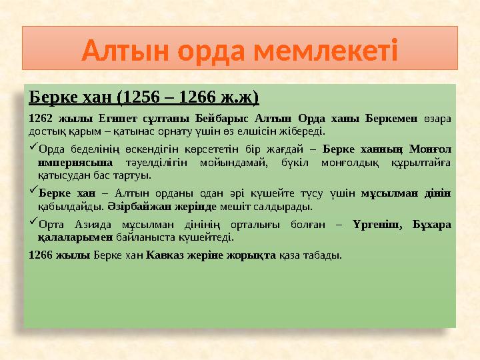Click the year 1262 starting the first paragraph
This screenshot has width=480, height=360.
41,119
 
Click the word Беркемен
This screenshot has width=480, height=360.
391,119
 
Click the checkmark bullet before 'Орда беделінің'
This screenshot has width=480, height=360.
33,148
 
